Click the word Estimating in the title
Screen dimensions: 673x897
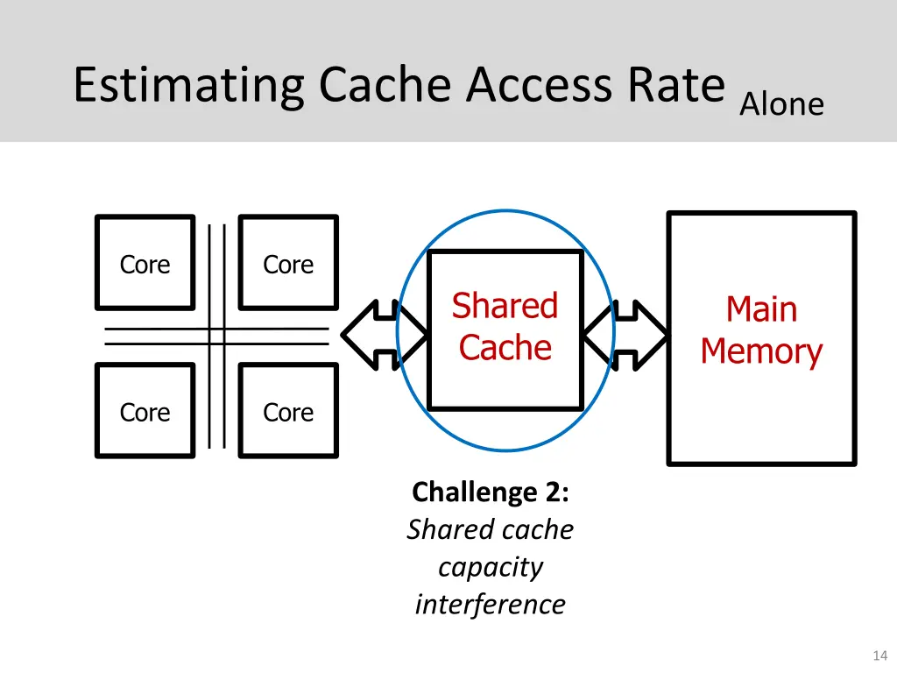pyautogui.click(x=188, y=86)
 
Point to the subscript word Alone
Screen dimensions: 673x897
pyautogui.click(x=781, y=105)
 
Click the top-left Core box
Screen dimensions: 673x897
pyautogui.click(x=145, y=264)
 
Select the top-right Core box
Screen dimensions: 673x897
pyautogui.click(x=288, y=264)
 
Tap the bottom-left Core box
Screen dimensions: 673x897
pyautogui.click(x=145, y=412)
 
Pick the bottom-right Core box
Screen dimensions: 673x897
pyautogui.click(x=288, y=412)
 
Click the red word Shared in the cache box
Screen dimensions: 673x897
pyautogui.click(x=505, y=307)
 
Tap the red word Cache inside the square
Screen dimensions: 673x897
pyautogui.click(x=505, y=348)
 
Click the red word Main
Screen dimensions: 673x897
pyautogui.click(x=761, y=309)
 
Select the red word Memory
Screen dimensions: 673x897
pyautogui.click(x=761, y=351)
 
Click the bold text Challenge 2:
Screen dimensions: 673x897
pyautogui.click(x=490, y=492)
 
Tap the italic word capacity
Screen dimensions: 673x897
pyautogui.click(x=490, y=567)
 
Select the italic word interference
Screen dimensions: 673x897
pyautogui.click(x=490, y=605)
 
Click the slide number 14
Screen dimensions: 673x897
pyautogui.click(x=880, y=655)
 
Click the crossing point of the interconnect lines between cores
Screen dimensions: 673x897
pyautogui.click(x=216, y=336)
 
